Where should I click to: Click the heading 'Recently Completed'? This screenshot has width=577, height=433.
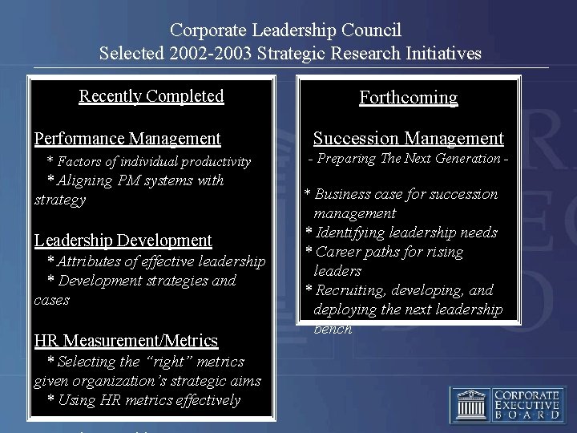[151, 96]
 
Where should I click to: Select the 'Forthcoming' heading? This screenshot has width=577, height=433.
[408, 98]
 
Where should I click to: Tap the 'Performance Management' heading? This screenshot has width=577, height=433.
[127, 139]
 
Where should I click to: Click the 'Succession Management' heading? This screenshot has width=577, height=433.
[408, 139]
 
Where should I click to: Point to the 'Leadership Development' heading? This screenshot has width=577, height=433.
[123, 241]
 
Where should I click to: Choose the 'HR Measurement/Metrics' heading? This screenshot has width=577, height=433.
[126, 341]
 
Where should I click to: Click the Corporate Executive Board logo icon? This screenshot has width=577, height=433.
[471, 405]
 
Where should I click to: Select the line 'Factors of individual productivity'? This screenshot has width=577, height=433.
[154, 162]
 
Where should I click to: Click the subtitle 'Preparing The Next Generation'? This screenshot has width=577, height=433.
[409, 159]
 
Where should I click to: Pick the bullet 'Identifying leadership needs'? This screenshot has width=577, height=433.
[406, 233]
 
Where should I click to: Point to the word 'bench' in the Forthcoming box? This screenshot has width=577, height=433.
[333, 329]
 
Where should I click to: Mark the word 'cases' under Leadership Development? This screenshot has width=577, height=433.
[52, 300]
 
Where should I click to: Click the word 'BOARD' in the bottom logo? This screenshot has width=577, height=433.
[527, 415]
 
